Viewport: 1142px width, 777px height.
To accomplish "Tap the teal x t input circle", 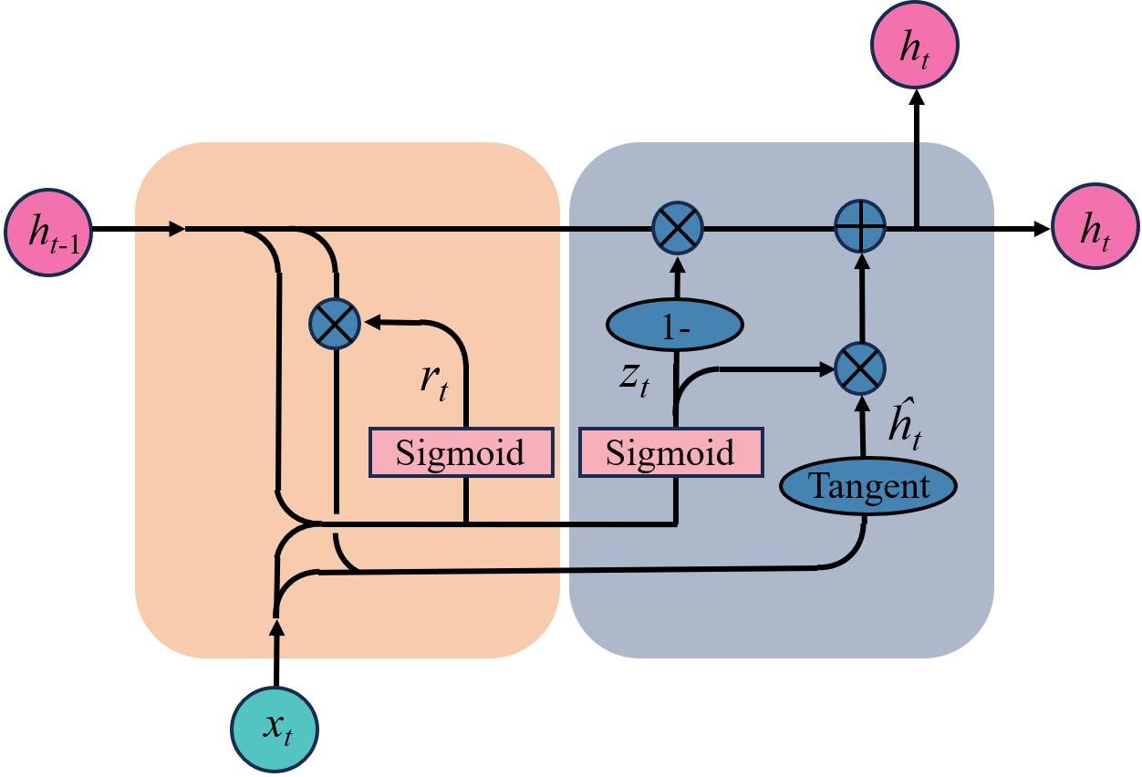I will click(275, 728).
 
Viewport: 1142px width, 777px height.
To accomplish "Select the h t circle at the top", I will click(915, 48).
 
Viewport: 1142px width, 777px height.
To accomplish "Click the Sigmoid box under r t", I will click(461, 452).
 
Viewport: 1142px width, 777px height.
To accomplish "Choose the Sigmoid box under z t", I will click(670, 453).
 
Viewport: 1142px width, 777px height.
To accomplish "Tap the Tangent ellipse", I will click(867, 486).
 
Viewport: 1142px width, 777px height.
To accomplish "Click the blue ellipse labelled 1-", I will click(675, 326).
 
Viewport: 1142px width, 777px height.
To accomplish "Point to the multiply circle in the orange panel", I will click(336, 324).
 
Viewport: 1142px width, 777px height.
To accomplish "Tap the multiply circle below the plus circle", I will click(860, 368).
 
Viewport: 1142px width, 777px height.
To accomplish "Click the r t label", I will click(434, 380).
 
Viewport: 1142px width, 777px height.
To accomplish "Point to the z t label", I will click(635, 378).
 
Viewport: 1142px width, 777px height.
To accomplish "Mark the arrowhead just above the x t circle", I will click(275, 627).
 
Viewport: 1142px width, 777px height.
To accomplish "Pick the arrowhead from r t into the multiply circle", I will click(370, 322).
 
